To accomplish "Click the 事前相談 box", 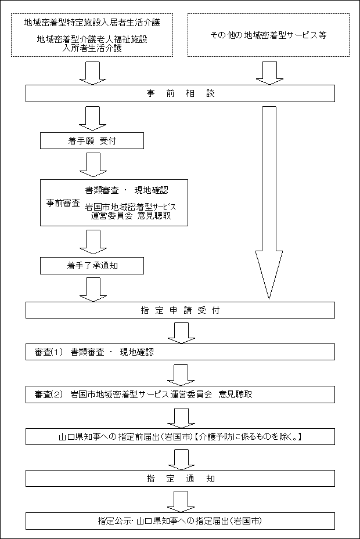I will [x=180, y=93].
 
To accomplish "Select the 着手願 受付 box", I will [x=92, y=140].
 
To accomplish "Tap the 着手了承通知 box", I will [x=92, y=266].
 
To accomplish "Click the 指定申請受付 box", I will [x=180, y=310].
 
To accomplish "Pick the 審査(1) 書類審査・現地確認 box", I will [x=180, y=352].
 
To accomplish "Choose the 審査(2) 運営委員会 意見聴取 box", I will [x=180, y=394].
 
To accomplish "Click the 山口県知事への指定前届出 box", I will [x=180, y=436].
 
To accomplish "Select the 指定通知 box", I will [x=180, y=479].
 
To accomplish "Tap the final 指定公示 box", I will [x=180, y=520].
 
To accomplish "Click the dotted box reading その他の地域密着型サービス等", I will [x=268, y=35].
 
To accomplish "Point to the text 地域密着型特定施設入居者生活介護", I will [x=92, y=23].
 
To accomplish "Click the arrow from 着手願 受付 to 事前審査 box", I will [x=93, y=164].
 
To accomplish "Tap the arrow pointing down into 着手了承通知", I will [x=93, y=242].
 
